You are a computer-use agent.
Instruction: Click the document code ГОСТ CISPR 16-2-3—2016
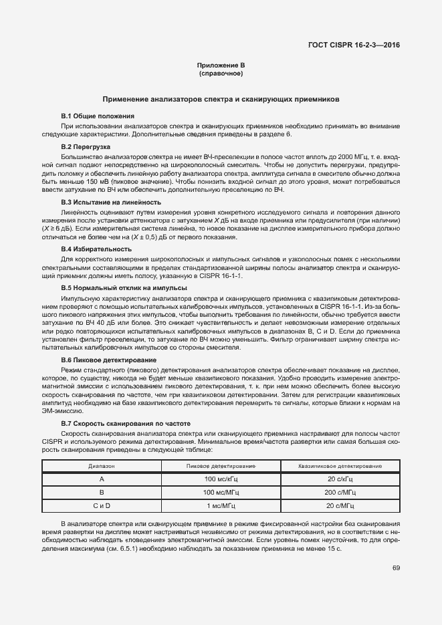354,45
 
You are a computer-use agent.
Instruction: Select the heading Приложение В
221,65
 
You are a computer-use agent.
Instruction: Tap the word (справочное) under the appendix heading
221,73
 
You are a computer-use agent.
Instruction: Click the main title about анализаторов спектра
221,98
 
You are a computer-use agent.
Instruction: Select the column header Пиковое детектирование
221,465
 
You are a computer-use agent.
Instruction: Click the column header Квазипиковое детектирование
339,465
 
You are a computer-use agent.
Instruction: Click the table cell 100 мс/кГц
221,479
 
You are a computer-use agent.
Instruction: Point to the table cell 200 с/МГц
339,492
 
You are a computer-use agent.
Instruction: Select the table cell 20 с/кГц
339,479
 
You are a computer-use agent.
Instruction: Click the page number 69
396,568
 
